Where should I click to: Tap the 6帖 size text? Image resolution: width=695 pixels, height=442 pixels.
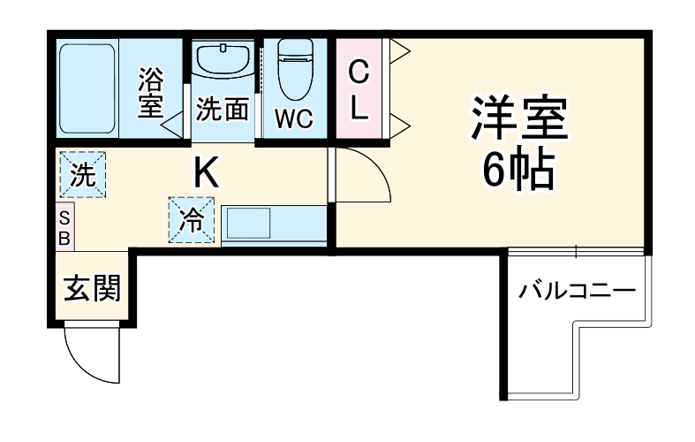pos(518,170)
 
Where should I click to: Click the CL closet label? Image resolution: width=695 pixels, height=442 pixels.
pos(359,88)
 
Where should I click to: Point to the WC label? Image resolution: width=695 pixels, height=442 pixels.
pos(292,118)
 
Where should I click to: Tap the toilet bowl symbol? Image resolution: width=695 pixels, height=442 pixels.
pos(293,70)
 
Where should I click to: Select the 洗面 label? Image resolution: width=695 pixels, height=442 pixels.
pos(221,110)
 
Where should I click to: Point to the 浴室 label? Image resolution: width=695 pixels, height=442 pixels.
pos(149,95)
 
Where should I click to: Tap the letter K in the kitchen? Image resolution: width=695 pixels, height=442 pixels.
pos(206,172)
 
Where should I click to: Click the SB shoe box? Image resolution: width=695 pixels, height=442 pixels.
pos(64,228)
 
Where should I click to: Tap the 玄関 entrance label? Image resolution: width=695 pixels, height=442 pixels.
pos(91,289)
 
